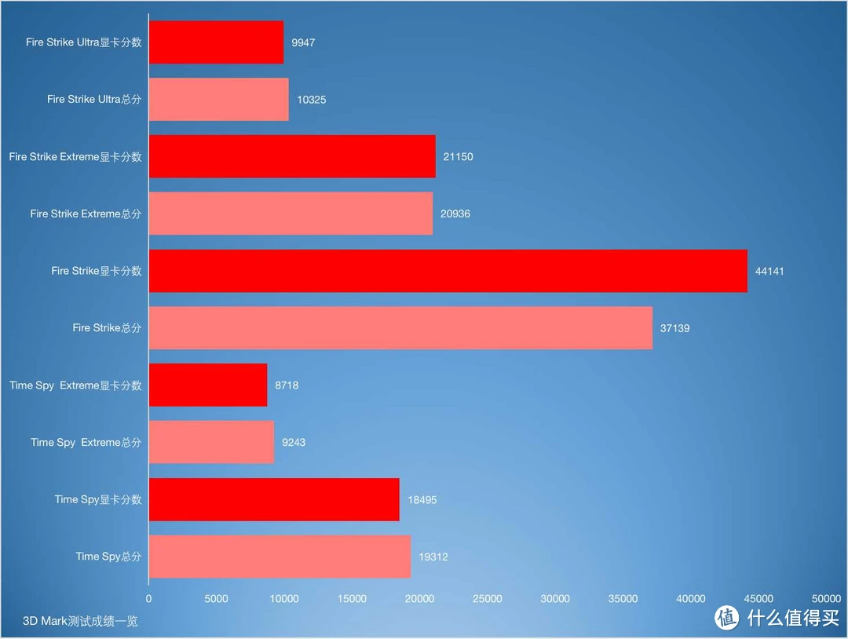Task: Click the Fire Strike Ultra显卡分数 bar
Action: (216, 42)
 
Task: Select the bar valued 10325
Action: (218, 100)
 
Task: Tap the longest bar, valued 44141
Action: (448, 271)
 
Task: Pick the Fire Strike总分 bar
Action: (400, 328)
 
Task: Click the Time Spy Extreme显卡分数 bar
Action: (208, 385)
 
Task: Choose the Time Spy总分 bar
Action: (280, 557)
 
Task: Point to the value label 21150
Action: (458, 157)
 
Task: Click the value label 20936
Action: (455, 214)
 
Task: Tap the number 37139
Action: (674, 328)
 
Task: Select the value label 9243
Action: (294, 443)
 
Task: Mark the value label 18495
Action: (422, 500)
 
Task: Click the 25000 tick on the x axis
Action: (488, 599)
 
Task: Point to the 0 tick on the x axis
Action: (149, 599)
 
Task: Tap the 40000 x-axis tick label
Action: (691, 599)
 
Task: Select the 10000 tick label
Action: (284, 599)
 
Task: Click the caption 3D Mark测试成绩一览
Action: (80, 621)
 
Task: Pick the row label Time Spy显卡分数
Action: (98, 499)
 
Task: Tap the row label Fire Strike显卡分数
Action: (97, 271)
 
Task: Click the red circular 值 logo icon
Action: (727, 618)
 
